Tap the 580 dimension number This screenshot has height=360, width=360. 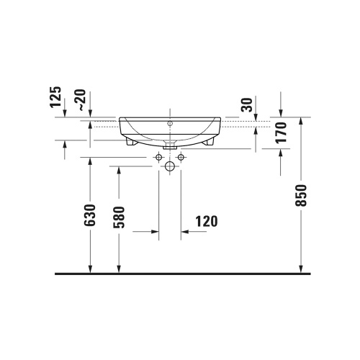coord(119,219)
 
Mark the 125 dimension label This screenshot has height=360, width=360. coord(58,97)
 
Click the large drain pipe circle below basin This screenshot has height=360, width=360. coord(170,167)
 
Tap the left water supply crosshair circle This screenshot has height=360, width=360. coord(158,157)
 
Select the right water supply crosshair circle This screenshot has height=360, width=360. coord(181,157)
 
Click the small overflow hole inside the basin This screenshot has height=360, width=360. coord(170,123)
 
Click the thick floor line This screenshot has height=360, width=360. coord(180,274)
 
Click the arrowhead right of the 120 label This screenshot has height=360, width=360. coord(185,232)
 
